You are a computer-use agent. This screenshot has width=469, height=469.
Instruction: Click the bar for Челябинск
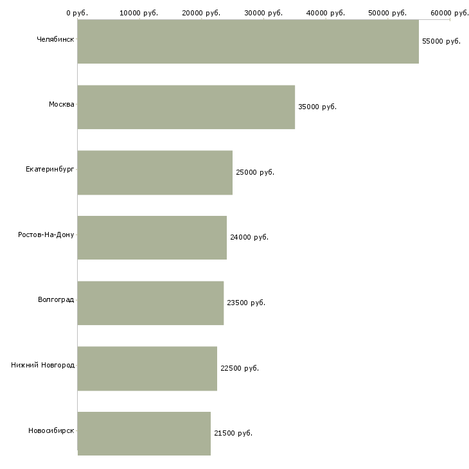point(248,42)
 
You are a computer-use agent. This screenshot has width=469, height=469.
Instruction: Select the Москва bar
point(186,107)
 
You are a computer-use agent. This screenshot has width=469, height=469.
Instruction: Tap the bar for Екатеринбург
point(155,173)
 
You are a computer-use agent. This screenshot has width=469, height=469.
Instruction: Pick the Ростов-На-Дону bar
point(152,238)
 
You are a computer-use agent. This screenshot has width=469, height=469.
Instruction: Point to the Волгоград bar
point(150,303)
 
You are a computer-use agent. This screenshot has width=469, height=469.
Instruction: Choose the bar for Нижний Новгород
point(147,369)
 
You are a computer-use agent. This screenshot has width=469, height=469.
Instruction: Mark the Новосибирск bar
point(144,434)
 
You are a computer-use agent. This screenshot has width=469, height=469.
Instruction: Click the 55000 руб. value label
point(441,42)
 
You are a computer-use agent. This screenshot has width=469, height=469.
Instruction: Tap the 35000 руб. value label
point(317,107)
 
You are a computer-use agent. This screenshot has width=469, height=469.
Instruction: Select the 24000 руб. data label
point(249,238)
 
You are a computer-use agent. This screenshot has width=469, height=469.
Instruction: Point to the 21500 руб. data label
point(233,434)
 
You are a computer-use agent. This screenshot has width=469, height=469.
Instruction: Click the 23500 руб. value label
point(246,303)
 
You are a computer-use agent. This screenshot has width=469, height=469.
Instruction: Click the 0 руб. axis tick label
point(77,13)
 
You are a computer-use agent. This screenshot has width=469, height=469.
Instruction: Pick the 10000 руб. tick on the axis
point(139,13)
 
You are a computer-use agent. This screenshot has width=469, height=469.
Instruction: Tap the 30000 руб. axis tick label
point(263,13)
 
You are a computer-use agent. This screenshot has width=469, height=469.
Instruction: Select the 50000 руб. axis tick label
point(387,13)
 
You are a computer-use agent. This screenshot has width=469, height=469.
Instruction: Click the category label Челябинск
point(55,39)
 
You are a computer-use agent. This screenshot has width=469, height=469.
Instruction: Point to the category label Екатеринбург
point(50,170)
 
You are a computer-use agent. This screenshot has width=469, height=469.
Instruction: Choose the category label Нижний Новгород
point(43,365)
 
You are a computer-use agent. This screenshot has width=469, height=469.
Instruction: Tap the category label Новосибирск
point(51,430)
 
